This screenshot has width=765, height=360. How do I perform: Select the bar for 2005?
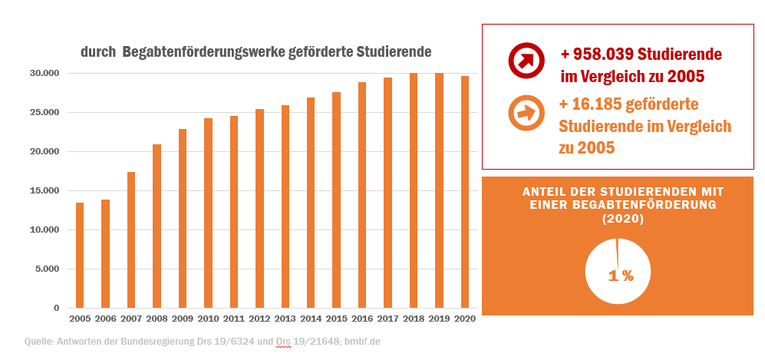coord(80,256)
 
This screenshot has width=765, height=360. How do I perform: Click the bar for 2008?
coord(157,226)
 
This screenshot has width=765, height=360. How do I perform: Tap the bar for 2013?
coord(285,207)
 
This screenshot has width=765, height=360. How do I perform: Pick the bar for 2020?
coord(465,193)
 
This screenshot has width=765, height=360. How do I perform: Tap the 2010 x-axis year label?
coord(208,318)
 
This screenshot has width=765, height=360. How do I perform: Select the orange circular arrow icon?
coord(526,114)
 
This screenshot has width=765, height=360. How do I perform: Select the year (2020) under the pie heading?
coord(622,219)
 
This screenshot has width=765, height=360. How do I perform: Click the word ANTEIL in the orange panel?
coord(546,191)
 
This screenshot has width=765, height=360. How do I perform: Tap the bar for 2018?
coord(414,191)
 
